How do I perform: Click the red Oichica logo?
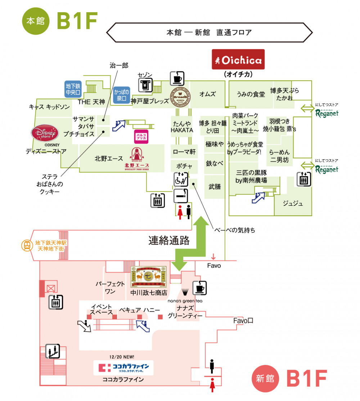(238, 59)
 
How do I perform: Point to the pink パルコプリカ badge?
(141, 137)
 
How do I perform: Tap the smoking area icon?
(180, 196)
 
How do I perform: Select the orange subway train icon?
(26, 245)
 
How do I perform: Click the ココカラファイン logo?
(123, 368)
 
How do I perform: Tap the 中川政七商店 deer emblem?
(148, 277)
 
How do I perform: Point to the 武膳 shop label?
(215, 187)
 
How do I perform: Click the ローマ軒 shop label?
(184, 152)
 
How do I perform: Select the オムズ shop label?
(208, 94)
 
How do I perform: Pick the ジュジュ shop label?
(293, 204)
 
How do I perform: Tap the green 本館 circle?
(36, 21)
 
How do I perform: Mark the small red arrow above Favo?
(213, 257)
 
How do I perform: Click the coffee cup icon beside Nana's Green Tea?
(199, 288)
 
